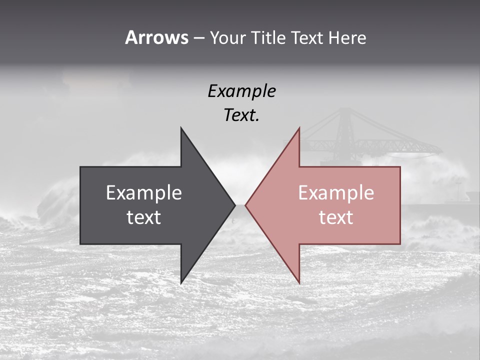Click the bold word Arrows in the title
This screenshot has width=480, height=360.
coord(156,37)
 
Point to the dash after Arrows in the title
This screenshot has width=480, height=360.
coord(198,38)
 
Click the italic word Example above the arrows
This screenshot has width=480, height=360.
coord(241,91)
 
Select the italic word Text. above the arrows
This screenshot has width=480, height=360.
coord(241,115)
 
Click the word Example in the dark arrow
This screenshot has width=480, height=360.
coord(143,193)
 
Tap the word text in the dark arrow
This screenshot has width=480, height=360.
coord(143,217)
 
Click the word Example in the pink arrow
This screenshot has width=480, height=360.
coord(336,193)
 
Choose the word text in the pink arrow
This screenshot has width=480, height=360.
coord(336,217)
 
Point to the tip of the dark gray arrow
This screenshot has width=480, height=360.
coord(234,205)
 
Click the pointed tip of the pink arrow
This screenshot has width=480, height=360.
coord(245,205)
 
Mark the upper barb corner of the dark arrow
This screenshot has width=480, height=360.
coord(181,128)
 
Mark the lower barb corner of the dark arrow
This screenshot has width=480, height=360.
coord(181,282)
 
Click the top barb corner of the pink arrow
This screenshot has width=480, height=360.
coord(299,128)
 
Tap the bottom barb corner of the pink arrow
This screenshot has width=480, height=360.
coord(299,282)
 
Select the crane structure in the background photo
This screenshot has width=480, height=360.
coord(350,135)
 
